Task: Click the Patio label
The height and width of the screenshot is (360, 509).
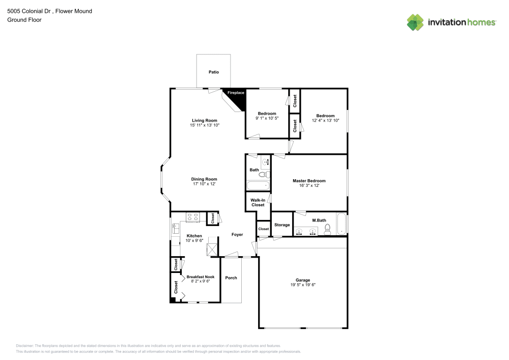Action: click(x=214, y=72)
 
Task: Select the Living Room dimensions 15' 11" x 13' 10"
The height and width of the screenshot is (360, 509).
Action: click(x=205, y=125)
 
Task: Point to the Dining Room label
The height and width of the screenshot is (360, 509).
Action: click(x=204, y=179)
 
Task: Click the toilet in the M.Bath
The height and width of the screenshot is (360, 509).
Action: click(x=328, y=229)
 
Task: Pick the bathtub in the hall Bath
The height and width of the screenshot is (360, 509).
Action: click(x=258, y=186)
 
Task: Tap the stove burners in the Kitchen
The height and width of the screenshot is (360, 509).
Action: click(x=193, y=217)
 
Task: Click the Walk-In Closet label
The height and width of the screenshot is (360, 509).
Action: click(x=258, y=202)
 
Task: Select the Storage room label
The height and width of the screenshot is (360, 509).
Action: click(x=282, y=225)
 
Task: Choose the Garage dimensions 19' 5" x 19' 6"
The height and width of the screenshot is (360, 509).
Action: click(x=303, y=285)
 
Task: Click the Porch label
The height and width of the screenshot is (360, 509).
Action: click(x=231, y=278)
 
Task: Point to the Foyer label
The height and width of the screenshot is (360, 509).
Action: click(x=237, y=235)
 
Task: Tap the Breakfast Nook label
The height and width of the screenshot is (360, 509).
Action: click(x=201, y=277)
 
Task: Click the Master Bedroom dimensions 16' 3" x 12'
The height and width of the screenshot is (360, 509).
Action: click(x=309, y=186)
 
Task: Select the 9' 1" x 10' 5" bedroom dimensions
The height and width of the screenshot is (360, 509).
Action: click(x=267, y=118)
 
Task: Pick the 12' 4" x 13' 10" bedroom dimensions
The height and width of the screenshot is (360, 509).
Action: click(x=325, y=121)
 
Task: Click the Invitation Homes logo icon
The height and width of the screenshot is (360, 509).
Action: click(x=415, y=22)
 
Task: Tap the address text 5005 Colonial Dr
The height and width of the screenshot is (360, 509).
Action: click(x=29, y=11)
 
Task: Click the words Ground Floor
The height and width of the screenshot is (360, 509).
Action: click(x=24, y=20)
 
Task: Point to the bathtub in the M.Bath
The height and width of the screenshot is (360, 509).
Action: click(x=342, y=224)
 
